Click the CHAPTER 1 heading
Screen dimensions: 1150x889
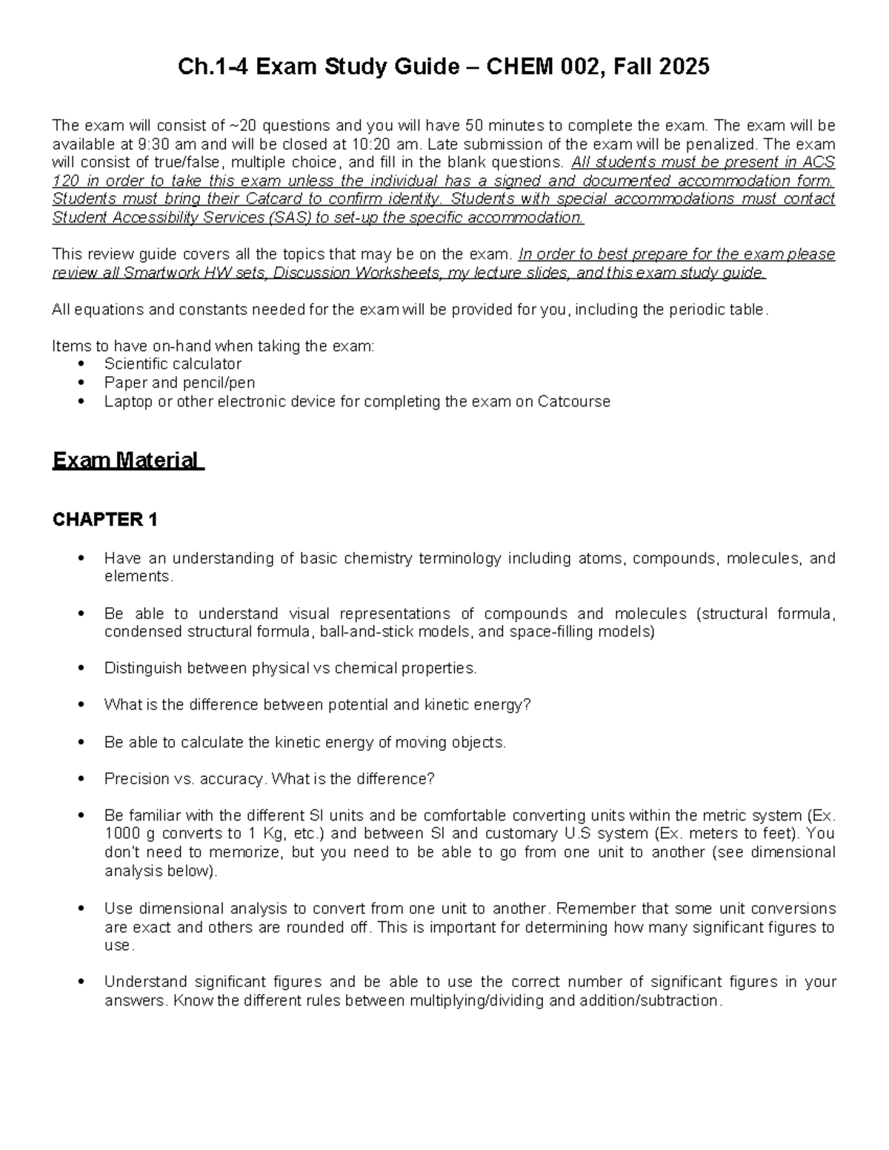point(104,520)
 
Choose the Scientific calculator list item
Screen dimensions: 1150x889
point(173,364)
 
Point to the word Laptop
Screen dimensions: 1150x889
point(128,401)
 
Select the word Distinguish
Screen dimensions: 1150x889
point(143,668)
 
